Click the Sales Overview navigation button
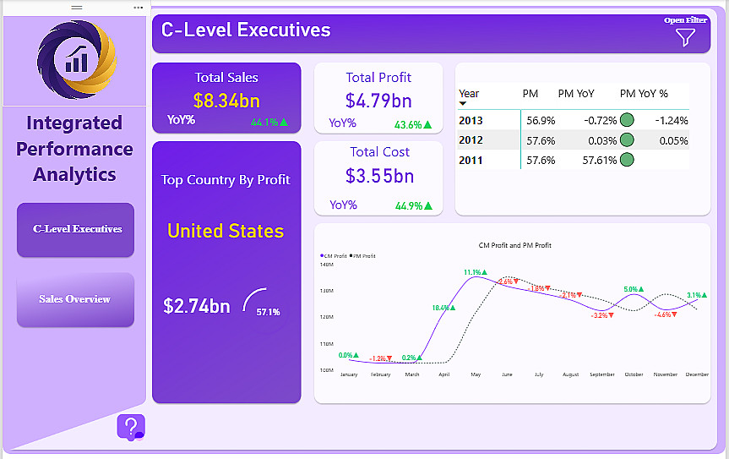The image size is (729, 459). point(75,299)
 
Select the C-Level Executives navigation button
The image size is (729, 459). point(76,229)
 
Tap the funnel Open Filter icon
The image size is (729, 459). point(685,37)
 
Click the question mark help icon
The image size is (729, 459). point(130,427)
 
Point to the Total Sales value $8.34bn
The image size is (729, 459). point(226,101)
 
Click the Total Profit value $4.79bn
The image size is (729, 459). point(378,100)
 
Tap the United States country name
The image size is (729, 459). point(226,231)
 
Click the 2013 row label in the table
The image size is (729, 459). point(471,120)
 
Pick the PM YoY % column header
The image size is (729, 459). point(644,93)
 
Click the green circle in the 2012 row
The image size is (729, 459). point(627,140)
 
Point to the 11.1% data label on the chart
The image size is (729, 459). point(474,272)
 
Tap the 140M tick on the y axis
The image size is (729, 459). point(327,265)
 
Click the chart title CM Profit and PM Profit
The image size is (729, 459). point(514,245)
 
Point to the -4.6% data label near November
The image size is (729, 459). point(664,314)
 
